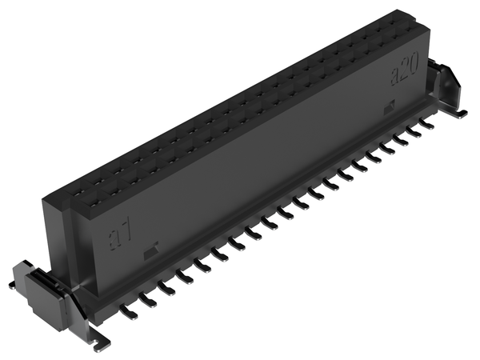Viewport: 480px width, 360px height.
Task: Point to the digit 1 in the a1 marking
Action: click(x=128, y=228)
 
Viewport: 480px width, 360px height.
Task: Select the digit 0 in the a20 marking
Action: click(x=414, y=64)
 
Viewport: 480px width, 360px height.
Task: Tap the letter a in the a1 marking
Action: click(x=114, y=240)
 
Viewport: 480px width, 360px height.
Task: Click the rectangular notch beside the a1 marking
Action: click(x=150, y=249)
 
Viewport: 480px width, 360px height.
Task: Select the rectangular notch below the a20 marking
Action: click(x=389, y=107)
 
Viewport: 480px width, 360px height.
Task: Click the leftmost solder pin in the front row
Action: click(x=129, y=312)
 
